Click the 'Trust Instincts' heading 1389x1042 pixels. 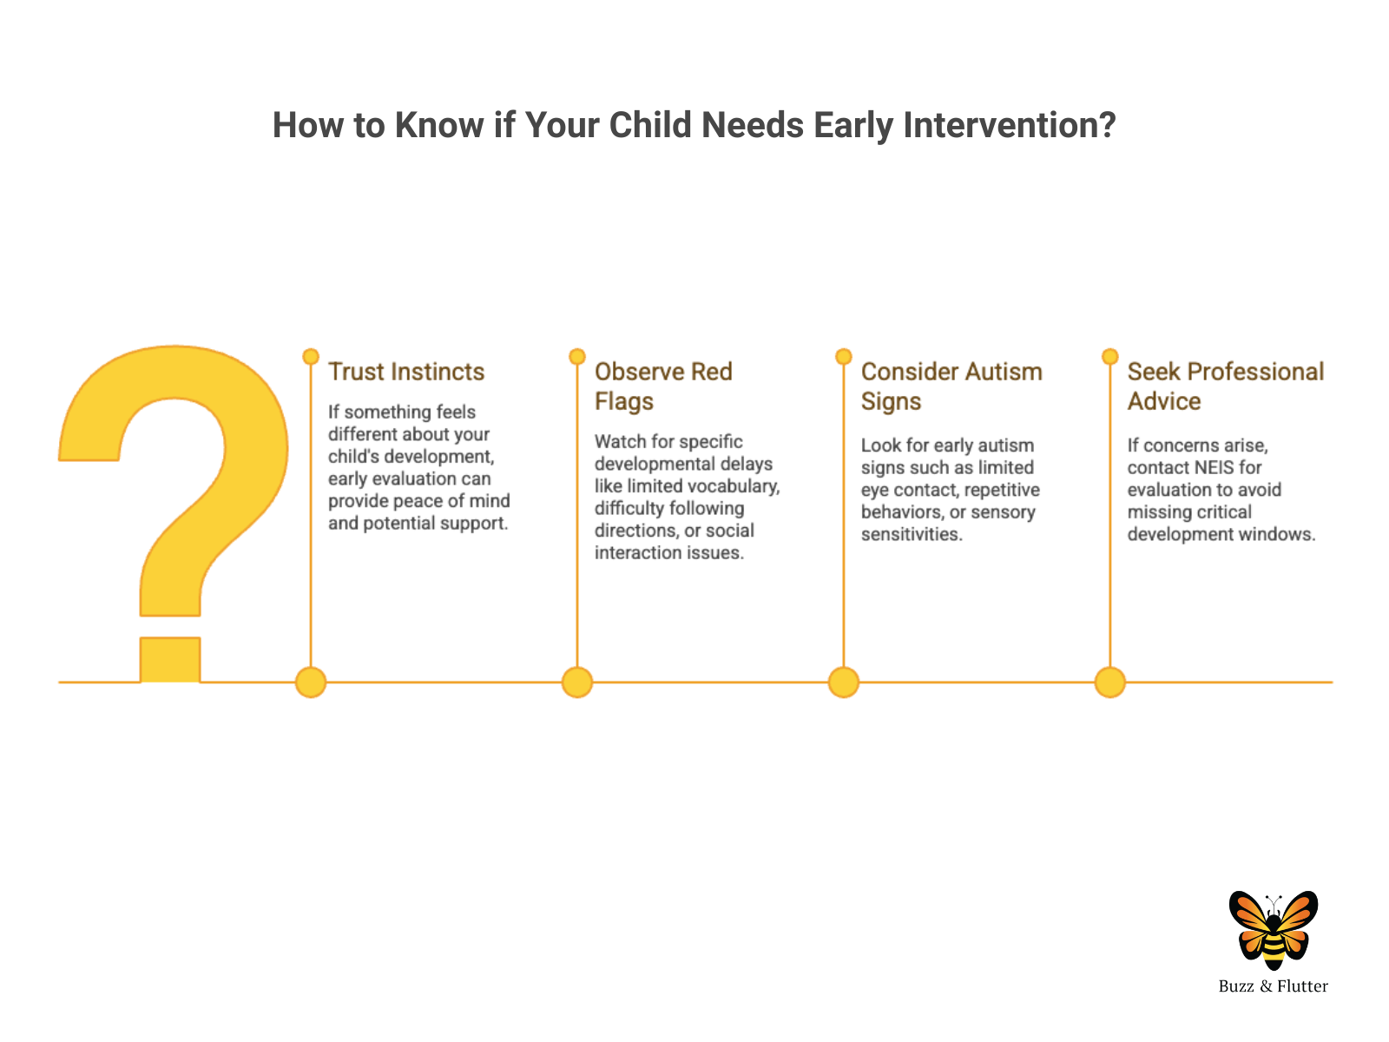(405, 372)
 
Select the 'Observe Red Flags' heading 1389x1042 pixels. (662, 386)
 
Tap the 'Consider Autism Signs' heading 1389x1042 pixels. (951, 386)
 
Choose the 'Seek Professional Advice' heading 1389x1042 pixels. (1225, 386)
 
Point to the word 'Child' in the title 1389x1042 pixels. (650, 125)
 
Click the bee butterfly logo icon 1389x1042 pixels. (1273, 930)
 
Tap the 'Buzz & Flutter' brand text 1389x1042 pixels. (1273, 986)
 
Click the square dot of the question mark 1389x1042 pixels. (170, 659)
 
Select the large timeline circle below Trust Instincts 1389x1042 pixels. (311, 682)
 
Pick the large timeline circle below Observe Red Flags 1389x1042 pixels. (577, 682)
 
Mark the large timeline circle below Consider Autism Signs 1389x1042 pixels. (844, 682)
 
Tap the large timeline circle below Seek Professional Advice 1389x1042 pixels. (1110, 682)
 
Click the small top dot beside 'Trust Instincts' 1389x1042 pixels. (311, 356)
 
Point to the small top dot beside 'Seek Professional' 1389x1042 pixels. (1110, 356)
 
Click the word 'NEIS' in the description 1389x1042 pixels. (1211, 467)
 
